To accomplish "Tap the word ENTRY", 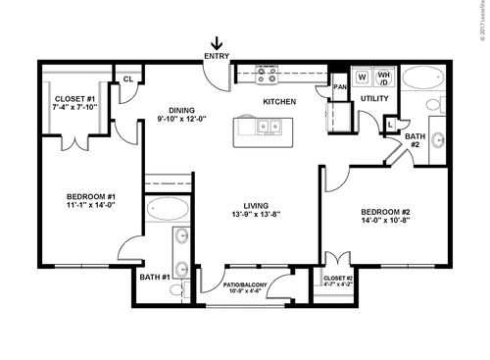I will (x=216, y=57).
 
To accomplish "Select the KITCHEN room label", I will (x=280, y=101).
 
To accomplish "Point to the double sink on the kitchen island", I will (x=267, y=127).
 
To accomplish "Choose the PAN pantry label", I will (x=340, y=87).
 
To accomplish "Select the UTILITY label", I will (x=374, y=99).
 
